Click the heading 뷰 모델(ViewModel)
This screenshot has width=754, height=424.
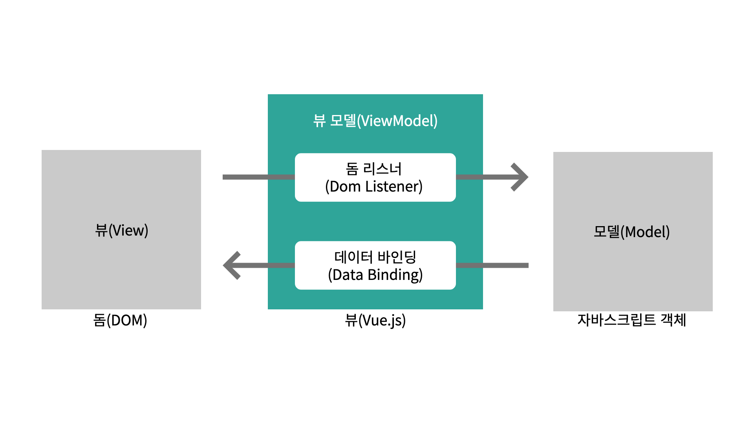tap(375, 121)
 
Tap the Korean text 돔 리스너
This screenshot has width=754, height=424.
tap(373, 169)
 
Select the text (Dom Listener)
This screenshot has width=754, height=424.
tap(374, 186)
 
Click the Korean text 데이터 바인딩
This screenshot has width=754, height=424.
tap(375, 257)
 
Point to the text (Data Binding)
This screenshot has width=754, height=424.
tap(375, 275)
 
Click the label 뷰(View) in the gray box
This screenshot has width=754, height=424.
tap(122, 230)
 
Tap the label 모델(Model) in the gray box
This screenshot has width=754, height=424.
tap(631, 232)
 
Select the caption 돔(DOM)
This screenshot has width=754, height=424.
tap(120, 320)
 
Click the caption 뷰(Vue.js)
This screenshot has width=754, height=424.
tap(375, 320)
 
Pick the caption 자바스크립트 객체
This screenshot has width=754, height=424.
tap(631, 320)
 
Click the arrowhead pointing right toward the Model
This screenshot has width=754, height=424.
tap(520, 177)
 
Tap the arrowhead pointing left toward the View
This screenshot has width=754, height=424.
tap(231, 265)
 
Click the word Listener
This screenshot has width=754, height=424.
tap(393, 186)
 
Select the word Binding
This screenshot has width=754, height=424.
tap(395, 275)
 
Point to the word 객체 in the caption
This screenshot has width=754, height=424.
tap(673, 320)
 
